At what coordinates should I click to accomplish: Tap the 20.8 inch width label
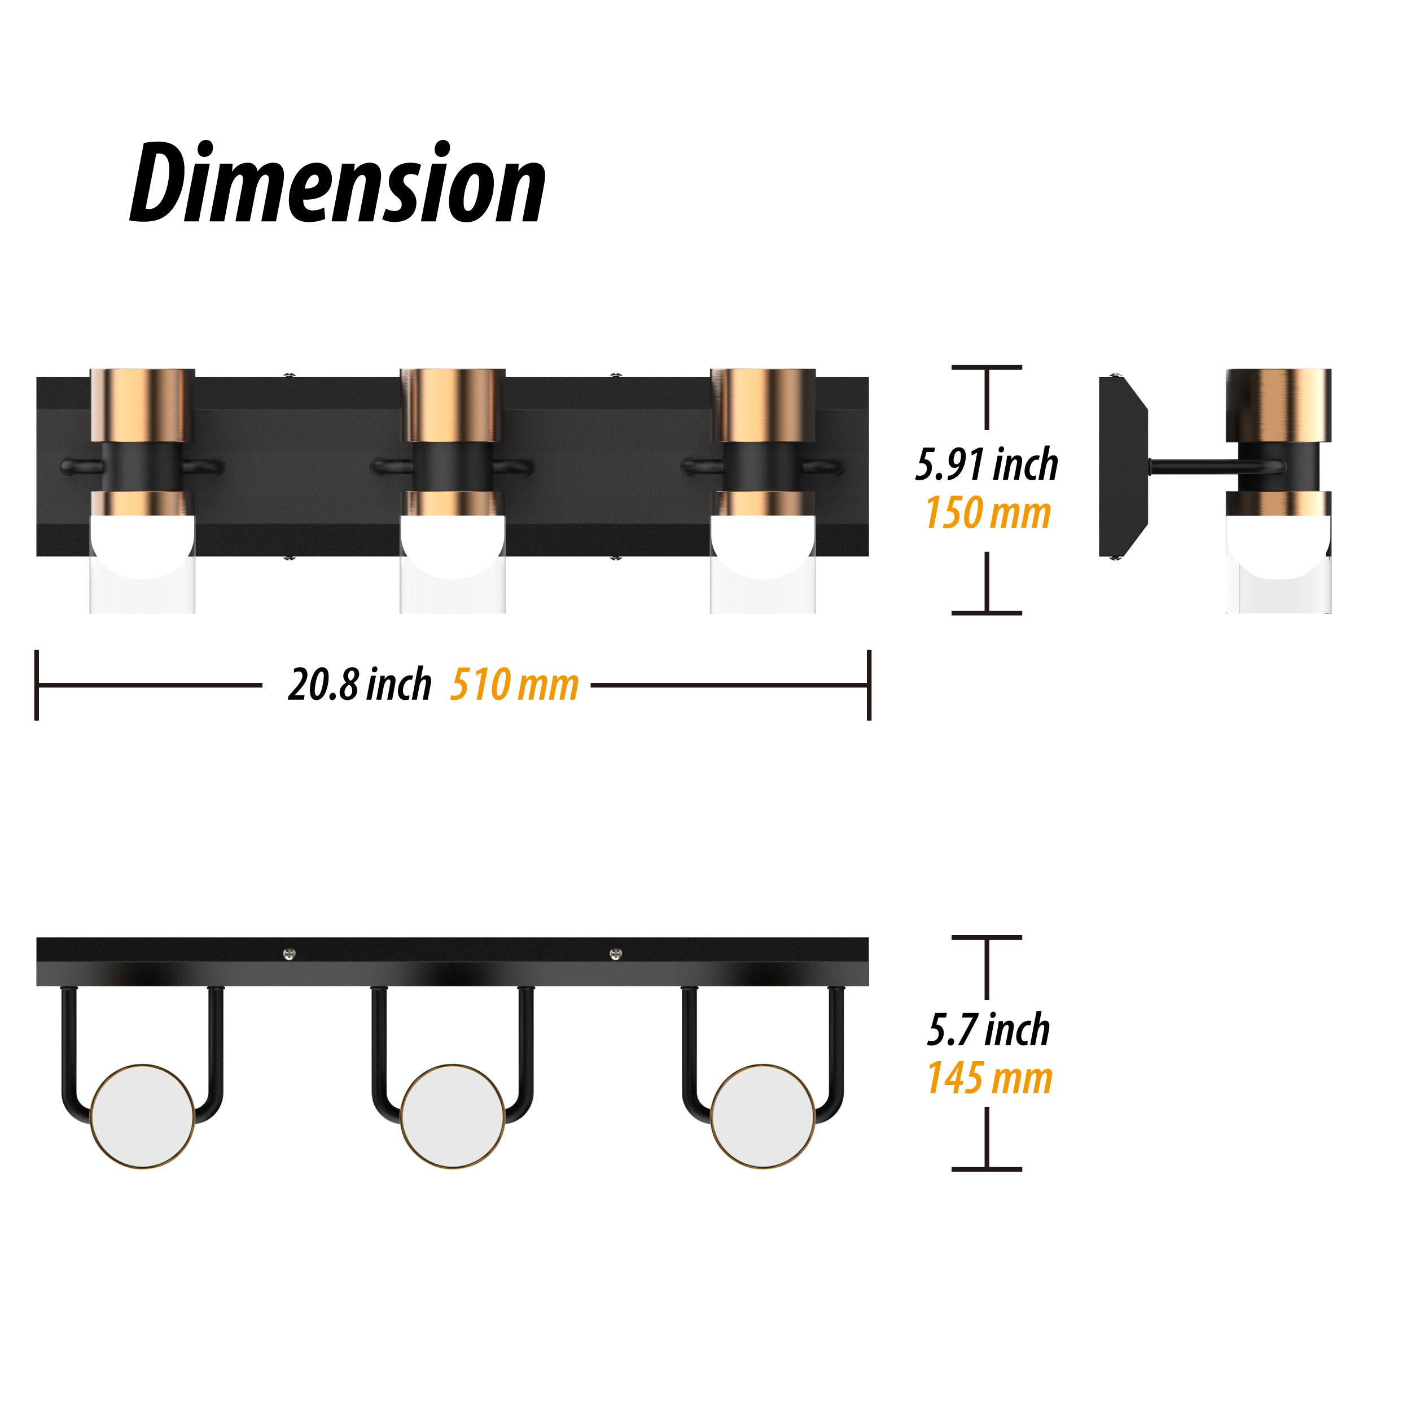pos(360,685)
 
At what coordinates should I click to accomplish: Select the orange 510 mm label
pos(514,685)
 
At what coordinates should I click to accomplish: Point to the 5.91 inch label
pos(987,465)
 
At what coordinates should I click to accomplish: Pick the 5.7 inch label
pos(988,1030)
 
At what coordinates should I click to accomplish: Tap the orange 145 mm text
pos(989,1078)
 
